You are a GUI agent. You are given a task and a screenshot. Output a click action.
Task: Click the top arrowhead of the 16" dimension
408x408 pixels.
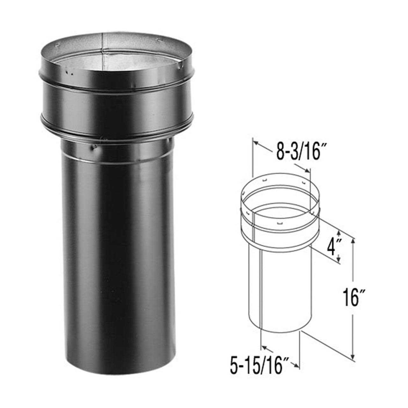pyautogui.click(x=353, y=242)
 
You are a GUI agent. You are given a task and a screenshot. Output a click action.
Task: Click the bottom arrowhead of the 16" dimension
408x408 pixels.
pyautogui.click(x=353, y=357)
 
